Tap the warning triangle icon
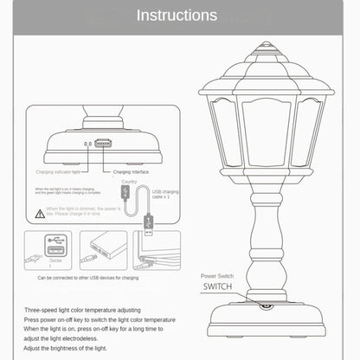point(40,211)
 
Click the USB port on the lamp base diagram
point(103,144)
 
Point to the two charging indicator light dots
point(87,145)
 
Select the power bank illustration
point(103,251)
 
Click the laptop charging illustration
point(157,251)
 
